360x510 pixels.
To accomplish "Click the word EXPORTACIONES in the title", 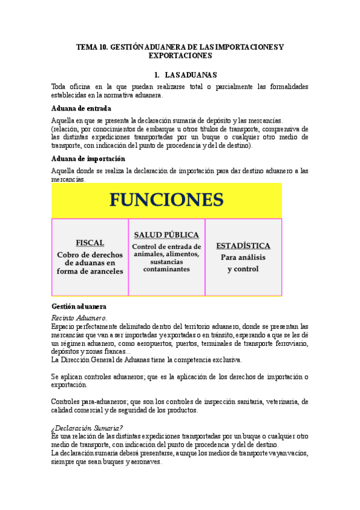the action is [180, 55].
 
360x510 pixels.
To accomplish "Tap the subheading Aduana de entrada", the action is [81, 108].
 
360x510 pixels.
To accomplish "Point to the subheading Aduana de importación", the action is [88, 159].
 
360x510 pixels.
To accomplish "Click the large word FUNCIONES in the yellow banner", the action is [166, 200].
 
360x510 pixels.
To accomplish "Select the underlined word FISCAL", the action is [90, 242].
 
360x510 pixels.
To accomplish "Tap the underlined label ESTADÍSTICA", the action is [243, 245].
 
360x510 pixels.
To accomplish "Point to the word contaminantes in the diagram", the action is [166, 269].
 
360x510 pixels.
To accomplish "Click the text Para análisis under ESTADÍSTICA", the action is [243, 257].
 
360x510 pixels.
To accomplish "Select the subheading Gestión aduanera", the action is [79, 306].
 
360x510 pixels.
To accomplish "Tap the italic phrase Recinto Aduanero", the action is [79, 317].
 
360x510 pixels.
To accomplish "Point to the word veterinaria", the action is [276, 402].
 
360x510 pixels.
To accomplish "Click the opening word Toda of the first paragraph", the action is [60, 87].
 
